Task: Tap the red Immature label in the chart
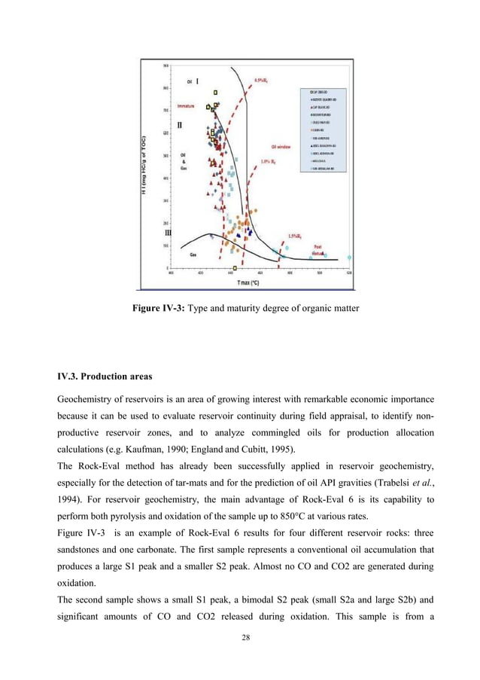tap(185, 106)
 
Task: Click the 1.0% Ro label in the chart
tap(269, 161)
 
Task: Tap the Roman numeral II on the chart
tap(180, 123)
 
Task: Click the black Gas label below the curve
tap(193, 255)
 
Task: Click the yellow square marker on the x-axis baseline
tap(235, 267)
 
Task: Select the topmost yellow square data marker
tap(216, 93)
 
